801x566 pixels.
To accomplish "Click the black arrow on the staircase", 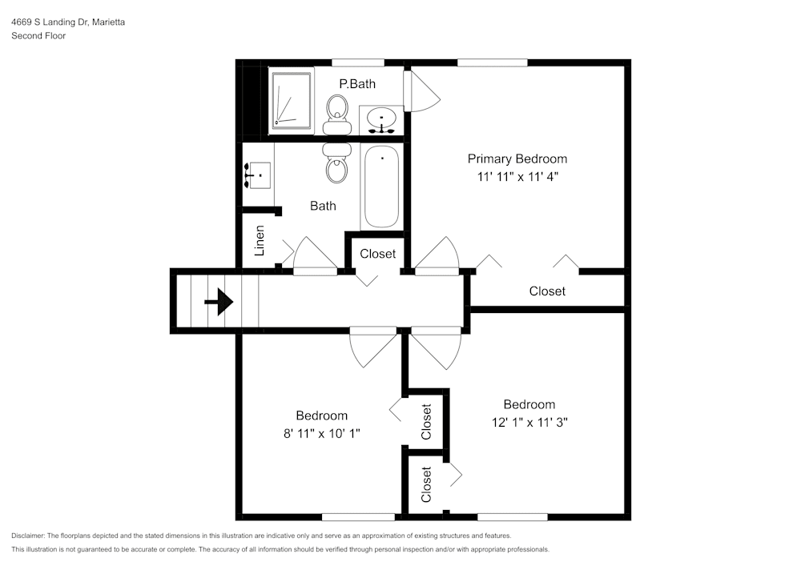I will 219,303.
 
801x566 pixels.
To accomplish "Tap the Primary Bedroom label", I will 517,159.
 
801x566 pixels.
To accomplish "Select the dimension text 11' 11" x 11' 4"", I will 517,177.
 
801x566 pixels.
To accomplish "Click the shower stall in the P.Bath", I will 292,100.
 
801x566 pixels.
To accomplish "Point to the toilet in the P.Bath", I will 337,114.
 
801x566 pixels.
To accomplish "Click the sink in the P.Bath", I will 381,121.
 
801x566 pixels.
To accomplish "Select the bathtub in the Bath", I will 381,187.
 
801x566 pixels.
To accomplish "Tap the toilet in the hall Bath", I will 336,163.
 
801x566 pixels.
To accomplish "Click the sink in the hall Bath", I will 259,174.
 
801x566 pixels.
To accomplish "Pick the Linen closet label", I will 260,240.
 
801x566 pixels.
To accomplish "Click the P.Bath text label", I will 356,83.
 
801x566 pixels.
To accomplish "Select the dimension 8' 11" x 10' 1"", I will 321,434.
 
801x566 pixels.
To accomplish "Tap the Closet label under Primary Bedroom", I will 547,291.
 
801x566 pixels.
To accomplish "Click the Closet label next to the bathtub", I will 377,254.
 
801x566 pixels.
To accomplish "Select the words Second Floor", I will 38,36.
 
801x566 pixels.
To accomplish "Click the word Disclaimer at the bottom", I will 28,536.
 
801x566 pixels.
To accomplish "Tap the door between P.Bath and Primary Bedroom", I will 421,91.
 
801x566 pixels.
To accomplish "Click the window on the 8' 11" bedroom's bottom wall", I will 358,516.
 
